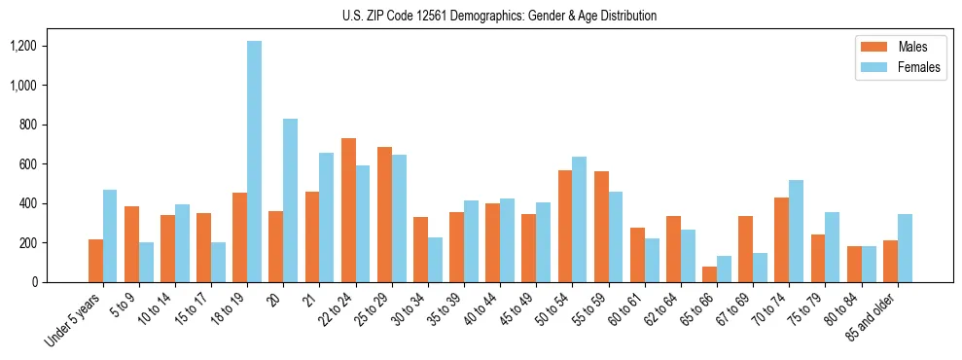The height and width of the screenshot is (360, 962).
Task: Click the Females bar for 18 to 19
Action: [x=254, y=162]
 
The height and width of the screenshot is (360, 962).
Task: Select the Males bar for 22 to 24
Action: [x=348, y=210]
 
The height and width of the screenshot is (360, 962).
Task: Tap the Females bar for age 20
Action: [x=290, y=200]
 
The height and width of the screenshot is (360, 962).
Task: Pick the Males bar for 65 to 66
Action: [x=709, y=274]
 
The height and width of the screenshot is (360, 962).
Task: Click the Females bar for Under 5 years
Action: [x=110, y=235]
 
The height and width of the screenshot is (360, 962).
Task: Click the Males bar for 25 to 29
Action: [x=384, y=215]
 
